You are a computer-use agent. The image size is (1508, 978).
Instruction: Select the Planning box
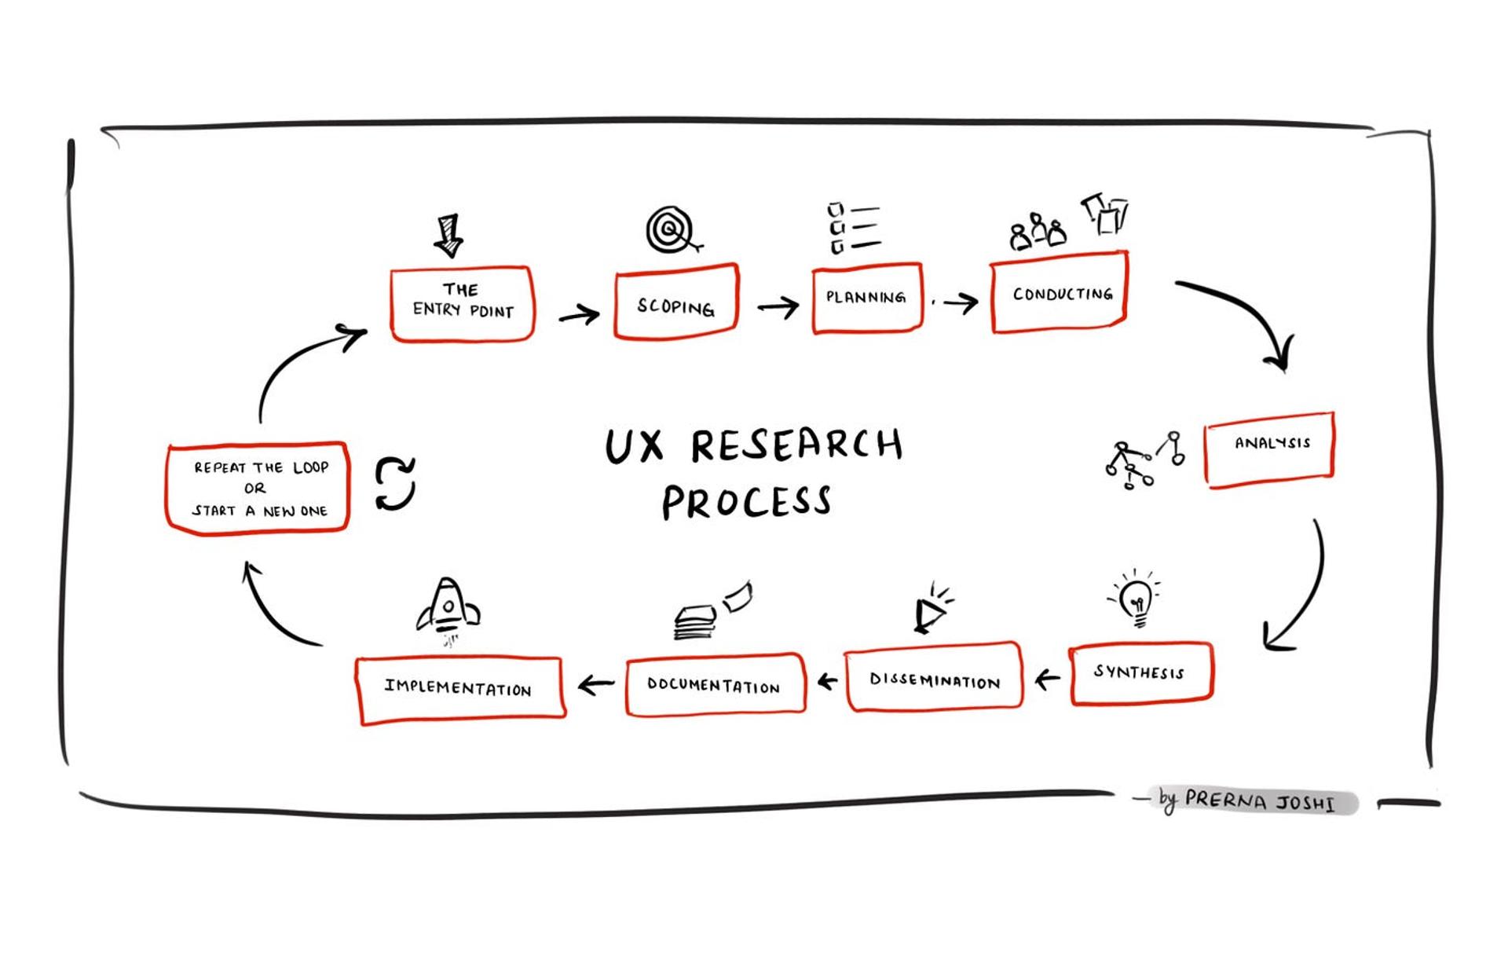pyautogui.click(x=866, y=299)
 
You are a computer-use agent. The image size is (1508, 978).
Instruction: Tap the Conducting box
pyautogui.click(x=1060, y=293)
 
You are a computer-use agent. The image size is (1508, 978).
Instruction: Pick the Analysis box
pyautogui.click(x=1269, y=449)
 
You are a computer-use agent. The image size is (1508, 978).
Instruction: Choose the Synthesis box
pyautogui.click(x=1140, y=673)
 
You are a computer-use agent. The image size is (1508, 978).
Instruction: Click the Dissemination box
pyautogui.click(x=934, y=679)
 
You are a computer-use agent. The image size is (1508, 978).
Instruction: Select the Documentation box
pyautogui.click(x=715, y=684)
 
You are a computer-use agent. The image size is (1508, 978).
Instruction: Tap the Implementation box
pyautogui.click(x=459, y=689)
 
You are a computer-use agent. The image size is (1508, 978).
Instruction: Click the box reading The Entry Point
pyautogui.click(x=462, y=303)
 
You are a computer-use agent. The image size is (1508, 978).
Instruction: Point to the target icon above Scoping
pyautogui.click(x=670, y=230)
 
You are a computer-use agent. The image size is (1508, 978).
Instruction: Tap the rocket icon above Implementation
pyautogui.click(x=448, y=609)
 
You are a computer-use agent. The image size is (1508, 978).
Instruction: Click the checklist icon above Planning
pyautogui.click(x=852, y=229)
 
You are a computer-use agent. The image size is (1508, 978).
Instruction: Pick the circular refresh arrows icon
pyautogui.click(x=394, y=484)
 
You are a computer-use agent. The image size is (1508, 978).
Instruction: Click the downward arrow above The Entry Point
pyautogui.click(x=448, y=235)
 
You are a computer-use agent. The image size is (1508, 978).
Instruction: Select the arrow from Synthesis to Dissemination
pyautogui.click(x=1047, y=678)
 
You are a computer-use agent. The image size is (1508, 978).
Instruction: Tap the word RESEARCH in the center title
pyautogui.click(x=796, y=445)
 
